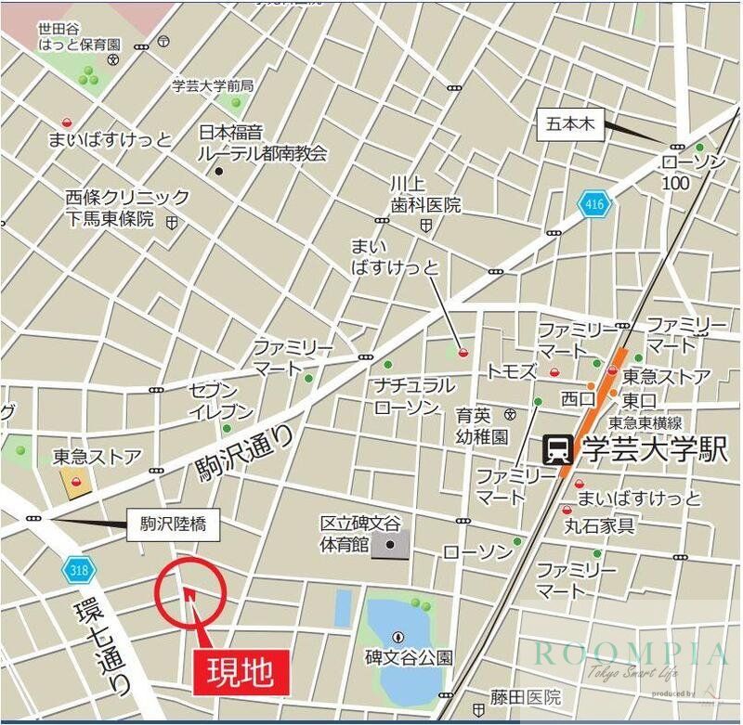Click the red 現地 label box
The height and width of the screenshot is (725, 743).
tap(241, 669)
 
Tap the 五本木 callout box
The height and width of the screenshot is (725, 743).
tap(571, 125)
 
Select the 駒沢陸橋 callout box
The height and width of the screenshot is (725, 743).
tap(173, 525)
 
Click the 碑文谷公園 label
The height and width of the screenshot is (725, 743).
tap(409, 657)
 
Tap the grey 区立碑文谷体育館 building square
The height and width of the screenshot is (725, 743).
tap(390, 545)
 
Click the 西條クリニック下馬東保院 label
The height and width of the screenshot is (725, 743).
tap(127, 208)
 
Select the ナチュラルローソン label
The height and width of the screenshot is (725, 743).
tap(414, 395)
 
